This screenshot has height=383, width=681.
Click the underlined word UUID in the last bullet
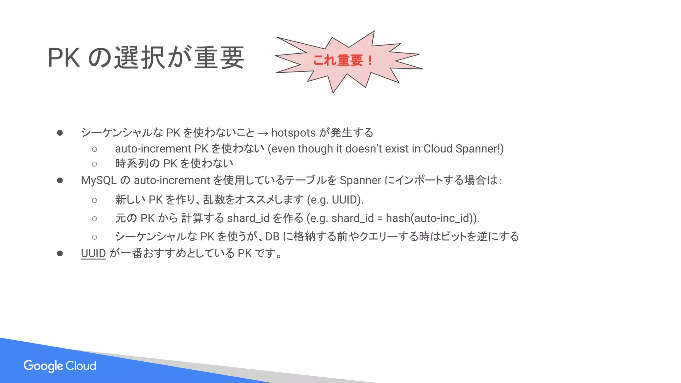(93, 253)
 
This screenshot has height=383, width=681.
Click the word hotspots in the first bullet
(293, 133)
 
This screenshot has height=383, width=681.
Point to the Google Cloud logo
(60, 366)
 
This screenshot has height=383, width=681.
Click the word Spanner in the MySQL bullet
(360, 180)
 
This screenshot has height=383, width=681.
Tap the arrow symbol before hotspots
(263, 133)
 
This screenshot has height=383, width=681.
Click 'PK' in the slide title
(64, 58)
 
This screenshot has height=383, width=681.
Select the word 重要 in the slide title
(219, 58)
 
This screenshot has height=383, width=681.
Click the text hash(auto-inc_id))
(433, 218)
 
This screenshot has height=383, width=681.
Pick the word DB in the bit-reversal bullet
(272, 236)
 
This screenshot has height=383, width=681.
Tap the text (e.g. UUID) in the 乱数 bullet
(335, 200)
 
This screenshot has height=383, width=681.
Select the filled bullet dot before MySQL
(60, 180)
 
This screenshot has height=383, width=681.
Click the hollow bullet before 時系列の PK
(94, 164)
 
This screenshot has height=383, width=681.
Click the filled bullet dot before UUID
(60, 253)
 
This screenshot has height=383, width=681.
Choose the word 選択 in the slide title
(140, 58)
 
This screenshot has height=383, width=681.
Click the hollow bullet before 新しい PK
(94, 200)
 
